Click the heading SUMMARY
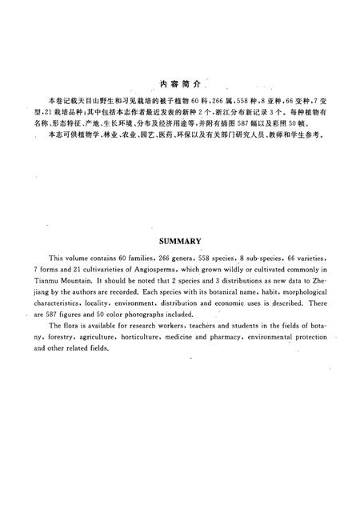point(179,239)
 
